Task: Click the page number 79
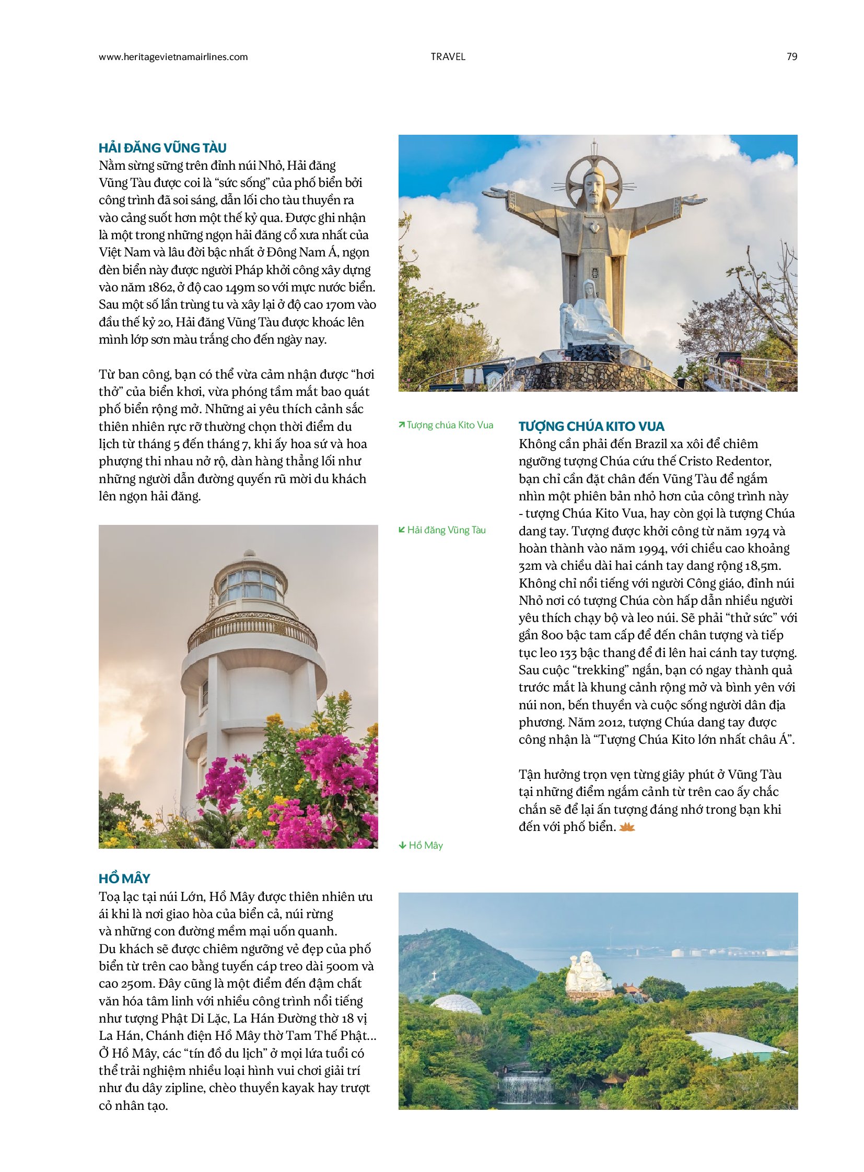point(791,57)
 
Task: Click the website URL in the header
point(173,57)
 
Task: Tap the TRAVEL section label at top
point(448,57)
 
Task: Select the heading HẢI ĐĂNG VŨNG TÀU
point(162,148)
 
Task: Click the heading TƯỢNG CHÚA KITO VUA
point(591,426)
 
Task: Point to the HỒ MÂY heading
point(124,878)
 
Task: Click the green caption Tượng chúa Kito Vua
point(446,425)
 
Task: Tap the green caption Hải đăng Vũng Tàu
point(442,530)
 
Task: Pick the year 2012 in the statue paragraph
point(610,723)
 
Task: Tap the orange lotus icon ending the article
point(626,827)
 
